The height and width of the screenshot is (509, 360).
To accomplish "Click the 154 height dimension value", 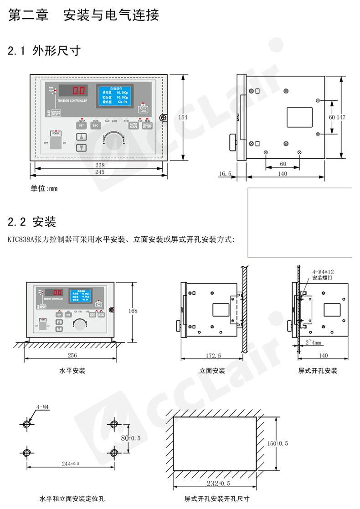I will (x=183, y=117).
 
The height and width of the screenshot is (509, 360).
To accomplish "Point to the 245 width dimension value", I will (x=100, y=172).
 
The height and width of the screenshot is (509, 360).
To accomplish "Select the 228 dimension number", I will (x=100, y=165).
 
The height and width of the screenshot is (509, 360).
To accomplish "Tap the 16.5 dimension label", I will (x=226, y=174).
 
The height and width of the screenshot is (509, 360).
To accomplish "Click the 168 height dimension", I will (x=133, y=311).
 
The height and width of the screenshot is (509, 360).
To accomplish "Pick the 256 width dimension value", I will (x=72, y=355).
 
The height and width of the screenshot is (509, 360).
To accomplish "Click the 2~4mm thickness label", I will (x=314, y=343).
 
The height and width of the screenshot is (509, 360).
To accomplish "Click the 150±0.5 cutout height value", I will (x=278, y=443).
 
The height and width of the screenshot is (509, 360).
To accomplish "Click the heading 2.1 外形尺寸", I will (x=44, y=51).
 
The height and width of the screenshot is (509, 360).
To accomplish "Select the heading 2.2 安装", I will (x=32, y=223).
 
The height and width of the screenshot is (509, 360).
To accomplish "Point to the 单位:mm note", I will (x=44, y=188).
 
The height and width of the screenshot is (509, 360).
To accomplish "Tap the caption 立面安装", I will (x=212, y=371).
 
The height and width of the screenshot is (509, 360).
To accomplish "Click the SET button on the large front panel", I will (x=82, y=125).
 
